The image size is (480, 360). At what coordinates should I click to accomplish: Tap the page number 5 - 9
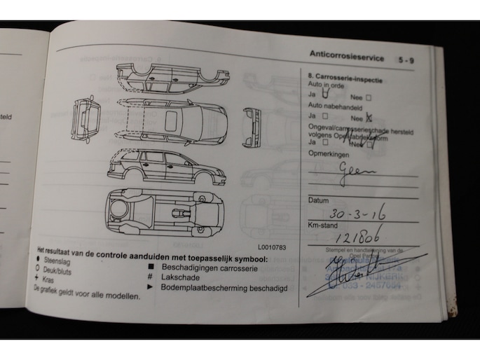tap(407, 61)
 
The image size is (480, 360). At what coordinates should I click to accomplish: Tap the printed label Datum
tap(319, 200)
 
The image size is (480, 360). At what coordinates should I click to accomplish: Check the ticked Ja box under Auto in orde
tap(325, 92)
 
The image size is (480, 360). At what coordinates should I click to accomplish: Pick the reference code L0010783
tap(272, 247)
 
